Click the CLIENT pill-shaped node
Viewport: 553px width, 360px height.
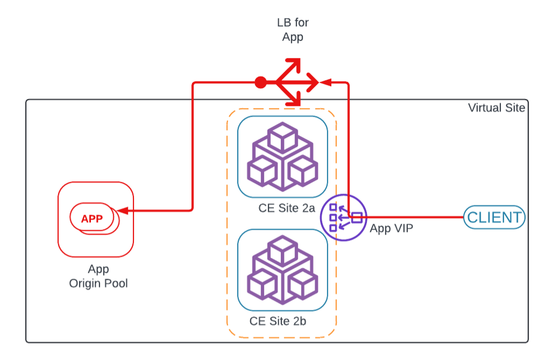(494, 217)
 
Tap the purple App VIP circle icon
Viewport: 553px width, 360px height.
(343, 217)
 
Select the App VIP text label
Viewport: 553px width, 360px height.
(391, 229)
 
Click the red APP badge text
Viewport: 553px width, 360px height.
(92, 218)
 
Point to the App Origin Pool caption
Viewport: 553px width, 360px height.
(98, 277)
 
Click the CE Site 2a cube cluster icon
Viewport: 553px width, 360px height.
(282, 157)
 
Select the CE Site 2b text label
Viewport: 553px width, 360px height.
(278, 321)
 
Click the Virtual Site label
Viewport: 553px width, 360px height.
(496, 108)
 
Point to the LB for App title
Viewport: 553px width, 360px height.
(292, 30)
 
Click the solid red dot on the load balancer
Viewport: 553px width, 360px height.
(260, 82)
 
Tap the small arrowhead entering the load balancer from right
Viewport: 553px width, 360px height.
(326, 82)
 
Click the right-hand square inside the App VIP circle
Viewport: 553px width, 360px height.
(357, 217)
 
